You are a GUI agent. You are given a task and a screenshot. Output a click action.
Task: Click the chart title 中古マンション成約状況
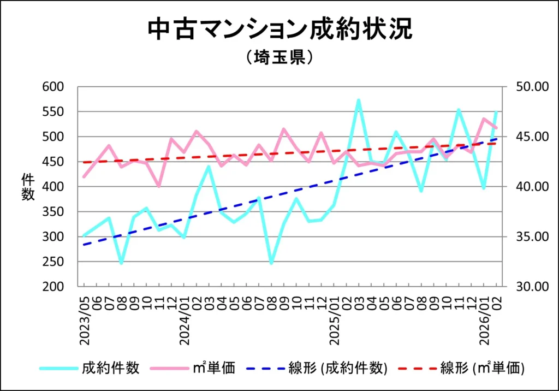coord(279,30)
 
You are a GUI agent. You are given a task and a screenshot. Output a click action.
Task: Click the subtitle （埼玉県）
coord(279,57)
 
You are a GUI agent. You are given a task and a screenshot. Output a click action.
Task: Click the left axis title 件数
coord(28,187)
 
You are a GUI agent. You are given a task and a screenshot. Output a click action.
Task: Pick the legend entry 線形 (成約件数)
coord(338,368)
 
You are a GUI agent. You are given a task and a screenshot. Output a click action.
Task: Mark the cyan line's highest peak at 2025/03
coord(358,100)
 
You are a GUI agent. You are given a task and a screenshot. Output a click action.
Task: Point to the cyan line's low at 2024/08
coord(271,263)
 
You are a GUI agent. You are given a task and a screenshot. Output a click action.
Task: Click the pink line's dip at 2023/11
coord(159,186)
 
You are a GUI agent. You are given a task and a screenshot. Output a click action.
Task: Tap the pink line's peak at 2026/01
coord(484,119)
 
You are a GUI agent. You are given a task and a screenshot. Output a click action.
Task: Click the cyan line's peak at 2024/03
coord(209,166)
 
